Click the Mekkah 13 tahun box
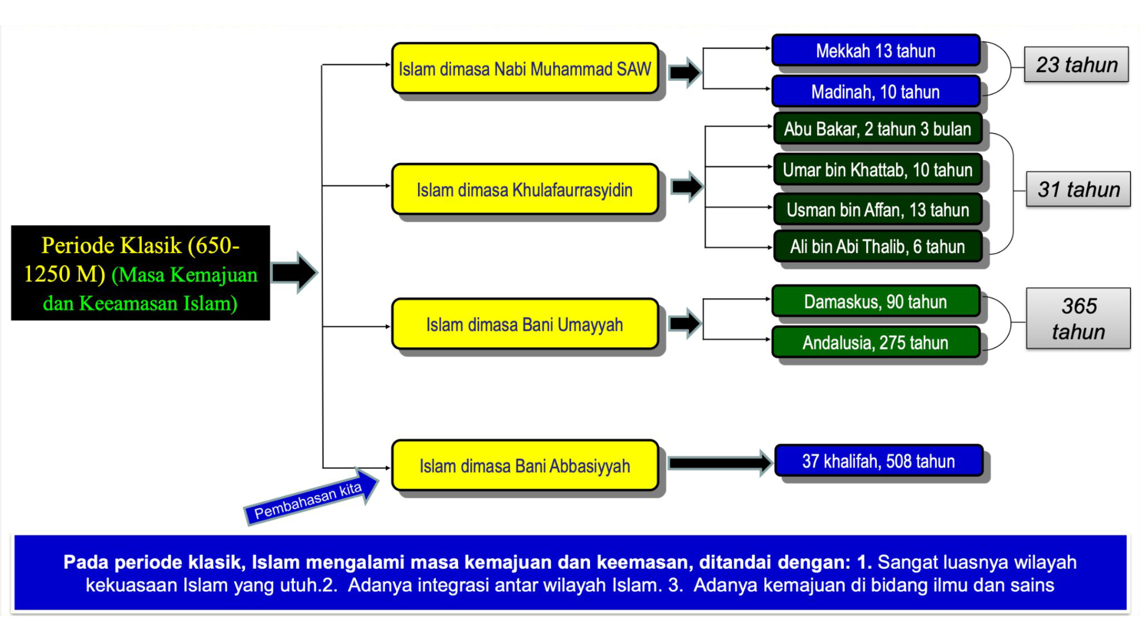(876, 51)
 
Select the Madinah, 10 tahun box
(876, 92)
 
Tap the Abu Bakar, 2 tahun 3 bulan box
(877, 129)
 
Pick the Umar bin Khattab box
(877, 169)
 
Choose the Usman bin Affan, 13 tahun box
(877, 209)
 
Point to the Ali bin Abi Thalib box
(877, 246)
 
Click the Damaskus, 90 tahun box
(876, 301)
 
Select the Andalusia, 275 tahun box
(876, 342)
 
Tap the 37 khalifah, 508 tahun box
(879, 461)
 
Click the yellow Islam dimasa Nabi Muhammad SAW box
(525, 69)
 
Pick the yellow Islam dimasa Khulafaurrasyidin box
(525, 189)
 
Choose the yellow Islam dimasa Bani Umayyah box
(525, 324)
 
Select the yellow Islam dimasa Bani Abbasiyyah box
(525, 465)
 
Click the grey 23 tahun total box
(1076, 64)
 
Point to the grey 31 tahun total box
(1078, 189)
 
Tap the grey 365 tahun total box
(1078, 318)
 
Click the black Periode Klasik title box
(140, 273)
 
